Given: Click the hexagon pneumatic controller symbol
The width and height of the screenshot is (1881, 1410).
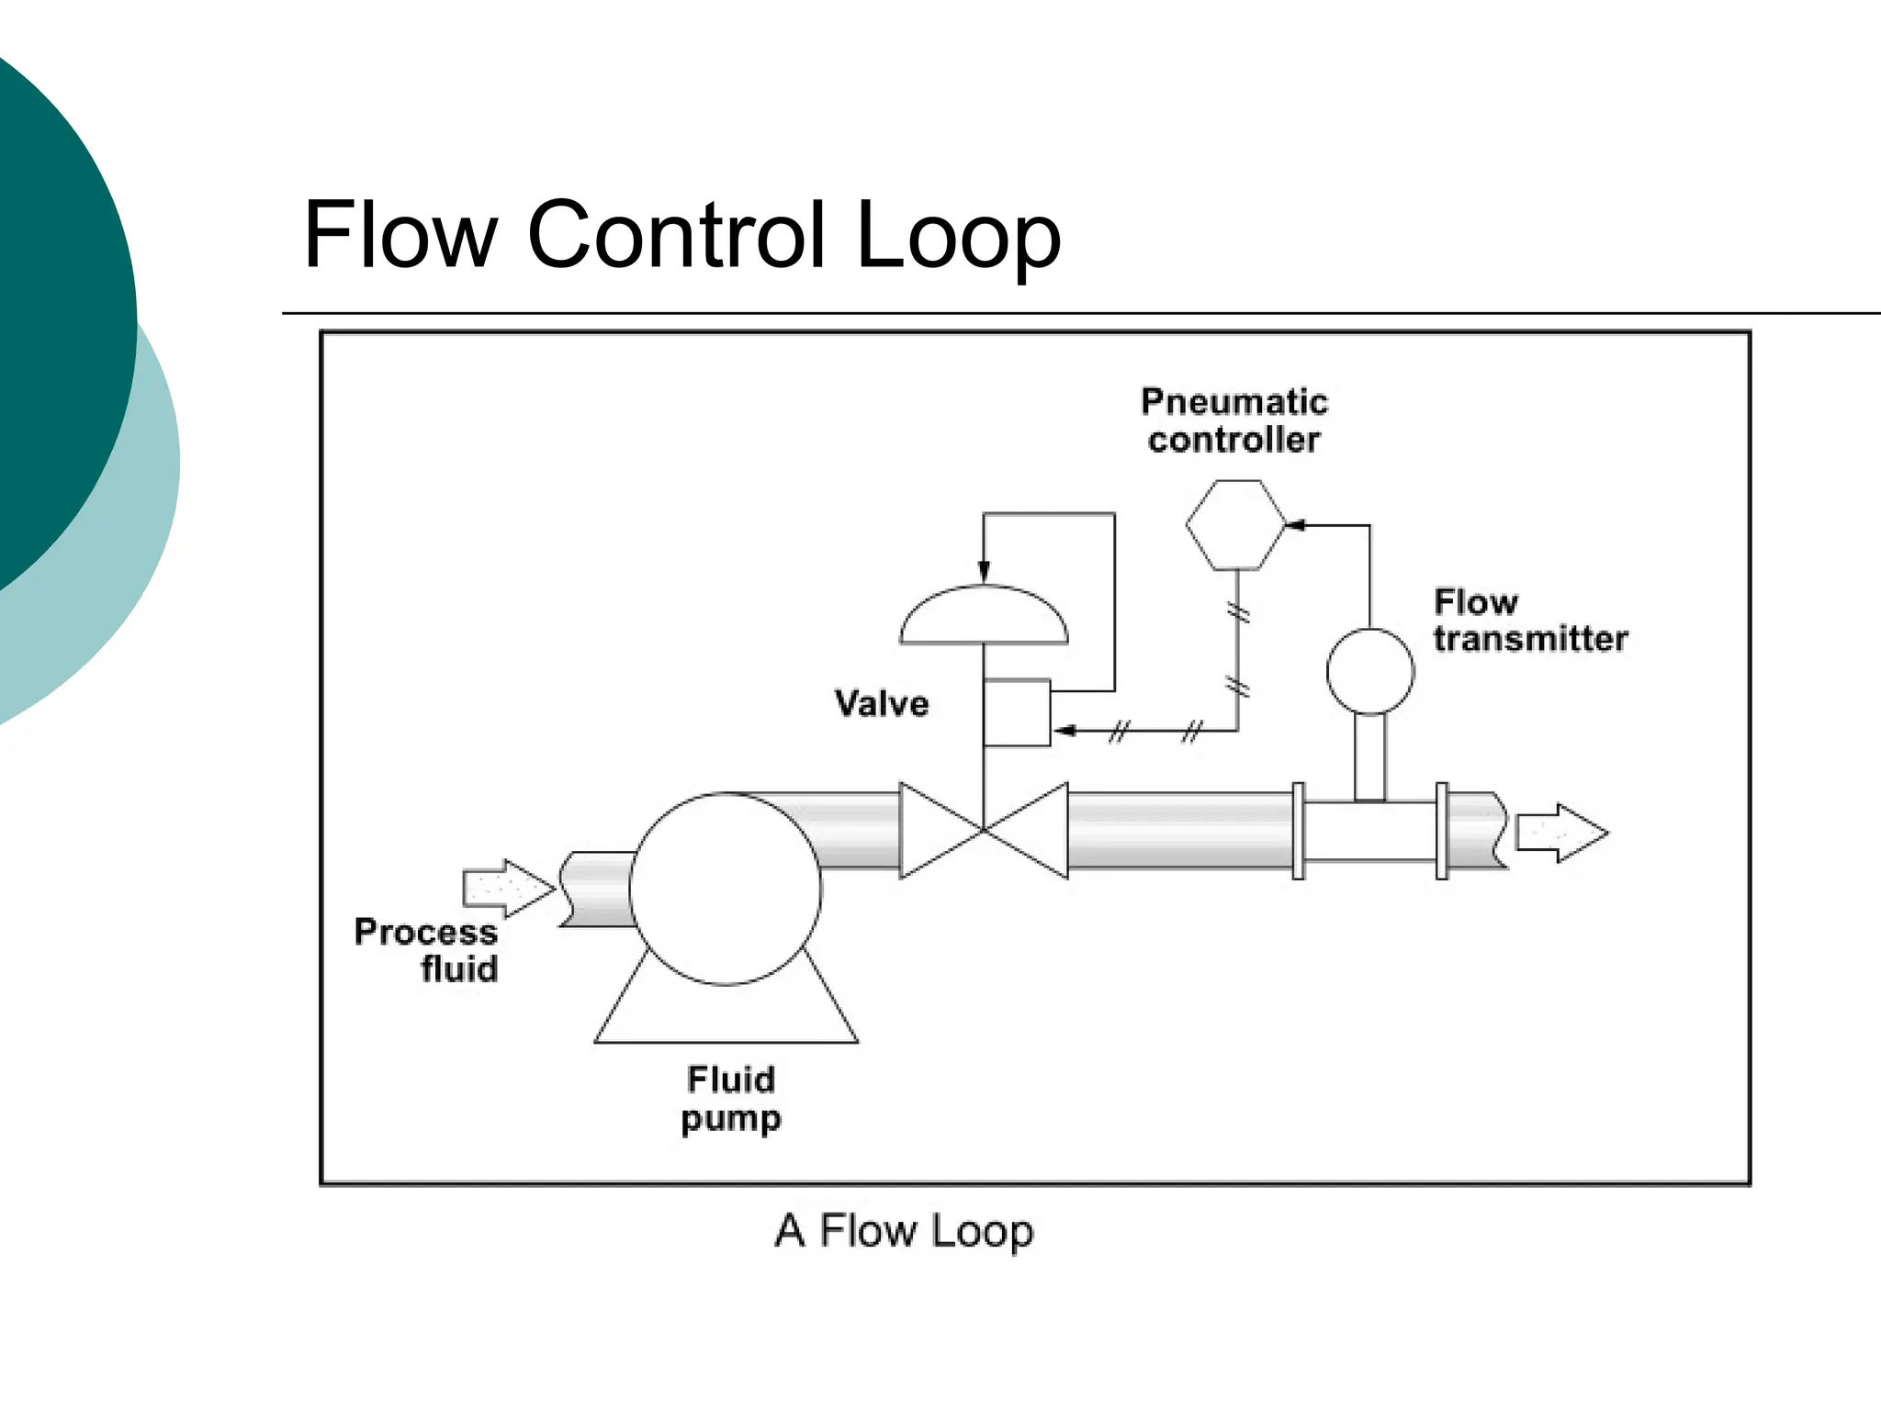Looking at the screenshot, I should click(x=1235, y=525).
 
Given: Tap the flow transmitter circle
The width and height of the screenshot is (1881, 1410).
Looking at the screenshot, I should click(x=1369, y=671).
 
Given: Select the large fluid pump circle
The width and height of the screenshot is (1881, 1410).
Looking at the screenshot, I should click(x=726, y=889).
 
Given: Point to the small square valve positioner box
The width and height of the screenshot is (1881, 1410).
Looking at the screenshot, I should click(x=1017, y=712).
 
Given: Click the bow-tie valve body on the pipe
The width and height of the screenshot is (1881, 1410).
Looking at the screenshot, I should click(x=984, y=831).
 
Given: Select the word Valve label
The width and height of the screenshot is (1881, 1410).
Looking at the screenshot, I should click(x=882, y=704).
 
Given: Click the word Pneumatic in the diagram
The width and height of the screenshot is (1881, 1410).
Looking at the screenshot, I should click(x=1233, y=402).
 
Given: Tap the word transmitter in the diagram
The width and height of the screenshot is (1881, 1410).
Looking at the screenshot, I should click(x=1530, y=639).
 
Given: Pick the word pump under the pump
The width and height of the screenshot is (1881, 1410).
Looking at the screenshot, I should click(x=731, y=1119).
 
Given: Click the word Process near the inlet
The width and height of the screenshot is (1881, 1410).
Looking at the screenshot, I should click(x=426, y=933).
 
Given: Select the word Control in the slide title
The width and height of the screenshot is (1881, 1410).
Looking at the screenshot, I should click(x=676, y=235).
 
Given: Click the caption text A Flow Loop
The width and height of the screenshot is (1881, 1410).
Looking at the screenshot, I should click(x=904, y=1231).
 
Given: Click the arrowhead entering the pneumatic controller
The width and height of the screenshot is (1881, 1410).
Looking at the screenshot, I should click(x=1295, y=525).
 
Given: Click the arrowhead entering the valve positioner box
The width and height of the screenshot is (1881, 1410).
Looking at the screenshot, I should click(x=1064, y=731).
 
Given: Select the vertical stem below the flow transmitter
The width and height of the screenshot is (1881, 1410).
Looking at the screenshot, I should click(x=1369, y=756).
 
